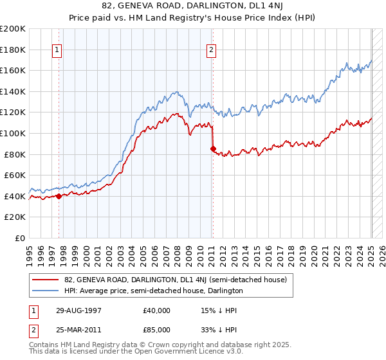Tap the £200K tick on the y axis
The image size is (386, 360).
pos(13,29)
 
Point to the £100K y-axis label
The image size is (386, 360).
pos(13,133)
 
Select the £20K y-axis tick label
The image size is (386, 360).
pos(15,217)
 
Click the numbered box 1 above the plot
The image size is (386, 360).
pos(58,50)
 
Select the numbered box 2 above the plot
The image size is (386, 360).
pos(212,50)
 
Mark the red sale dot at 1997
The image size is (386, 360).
pos(59,197)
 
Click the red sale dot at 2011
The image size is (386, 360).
pos(213,148)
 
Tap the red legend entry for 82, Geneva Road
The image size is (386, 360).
pos(179,280)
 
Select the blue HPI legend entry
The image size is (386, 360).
pos(153,291)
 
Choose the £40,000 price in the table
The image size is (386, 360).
pos(157,310)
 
